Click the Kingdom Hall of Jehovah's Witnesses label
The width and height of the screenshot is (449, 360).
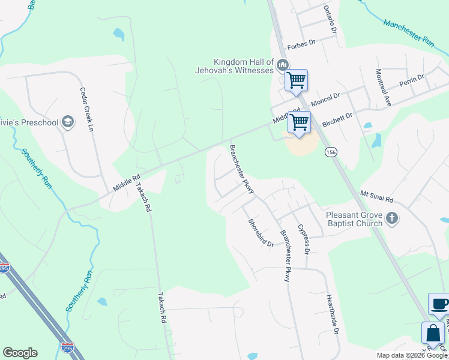(244, 66)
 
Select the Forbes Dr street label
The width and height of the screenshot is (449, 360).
(301, 44)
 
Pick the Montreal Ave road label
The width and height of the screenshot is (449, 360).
(384, 88)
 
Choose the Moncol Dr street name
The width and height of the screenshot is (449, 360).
(325, 97)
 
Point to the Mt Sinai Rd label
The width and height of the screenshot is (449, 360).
(376, 197)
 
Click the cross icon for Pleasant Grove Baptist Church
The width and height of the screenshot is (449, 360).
(393, 218)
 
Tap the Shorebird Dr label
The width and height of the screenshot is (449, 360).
(261, 232)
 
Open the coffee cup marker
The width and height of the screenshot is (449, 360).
(439, 304)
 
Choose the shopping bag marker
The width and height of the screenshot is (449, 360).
(432, 333)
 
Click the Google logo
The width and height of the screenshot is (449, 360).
(20, 353)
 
